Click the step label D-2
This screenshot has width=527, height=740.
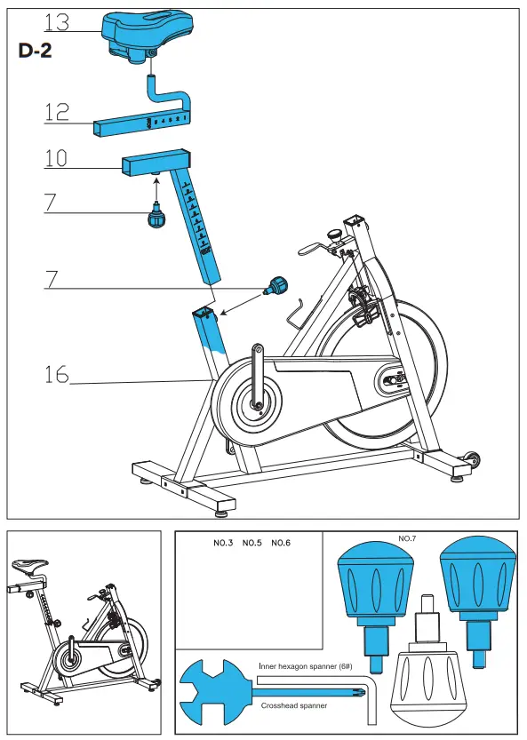point(36,52)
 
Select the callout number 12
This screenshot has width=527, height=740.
point(57,112)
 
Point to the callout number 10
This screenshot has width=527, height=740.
point(57,159)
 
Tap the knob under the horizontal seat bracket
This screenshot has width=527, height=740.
point(157,215)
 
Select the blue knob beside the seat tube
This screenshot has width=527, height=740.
point(277,286)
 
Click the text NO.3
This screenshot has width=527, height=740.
point(222,543)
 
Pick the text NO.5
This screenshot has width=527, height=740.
point(252,543)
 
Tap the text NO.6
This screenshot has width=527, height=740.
point(281,543)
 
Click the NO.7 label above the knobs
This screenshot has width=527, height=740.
point(407,538)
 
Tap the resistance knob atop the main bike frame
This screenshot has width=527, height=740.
point(334,235)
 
